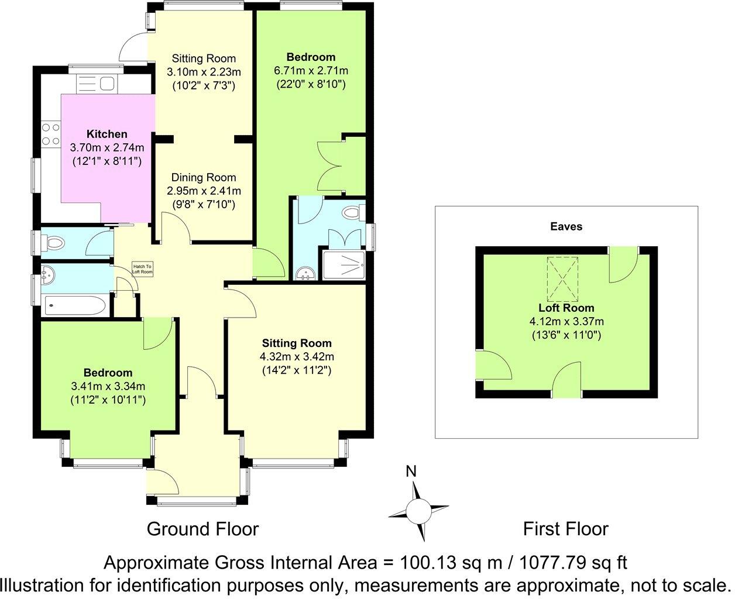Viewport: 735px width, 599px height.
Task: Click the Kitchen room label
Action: (x=107, y=134)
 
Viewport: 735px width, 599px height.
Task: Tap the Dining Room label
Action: (x=203, y=177)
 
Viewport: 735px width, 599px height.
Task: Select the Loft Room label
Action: (x=566, y=308)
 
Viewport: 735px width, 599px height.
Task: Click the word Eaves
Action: (x=566, y=226)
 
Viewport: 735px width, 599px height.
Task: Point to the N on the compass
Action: (x=411, y=471)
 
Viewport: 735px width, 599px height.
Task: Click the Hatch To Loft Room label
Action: (x=142, y=268)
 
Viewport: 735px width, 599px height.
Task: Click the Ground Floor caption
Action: (x=202, y=529)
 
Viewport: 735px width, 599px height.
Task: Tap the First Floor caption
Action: (x=565, y=529)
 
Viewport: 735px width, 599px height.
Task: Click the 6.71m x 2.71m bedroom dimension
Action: (x=311, y=71)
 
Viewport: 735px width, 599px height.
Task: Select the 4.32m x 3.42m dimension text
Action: (x=297, y=356)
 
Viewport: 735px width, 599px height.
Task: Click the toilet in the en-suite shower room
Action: (x=353, y=212)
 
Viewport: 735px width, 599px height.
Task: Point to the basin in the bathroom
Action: (x=49, y=273)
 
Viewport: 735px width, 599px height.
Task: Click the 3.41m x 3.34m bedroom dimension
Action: (x=108, y=386)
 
